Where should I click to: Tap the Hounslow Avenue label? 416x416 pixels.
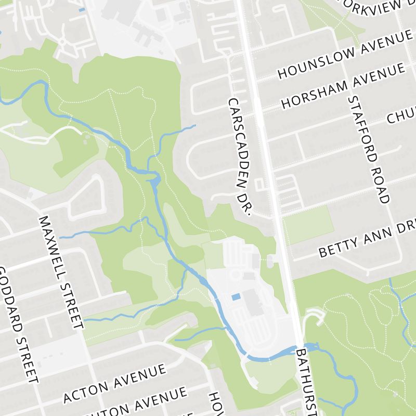pos(345,54)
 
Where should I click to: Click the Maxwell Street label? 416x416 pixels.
pos(61,272)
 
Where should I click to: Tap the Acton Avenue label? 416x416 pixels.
pos(114,384)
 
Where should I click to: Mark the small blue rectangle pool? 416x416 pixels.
pos(236,297)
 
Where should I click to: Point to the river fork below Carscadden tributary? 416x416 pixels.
pos(155,179)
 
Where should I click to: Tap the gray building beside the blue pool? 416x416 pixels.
pos(254,302)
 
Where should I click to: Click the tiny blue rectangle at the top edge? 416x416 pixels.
pos(82,9)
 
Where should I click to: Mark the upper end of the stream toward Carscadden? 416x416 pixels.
pos(194,125)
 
